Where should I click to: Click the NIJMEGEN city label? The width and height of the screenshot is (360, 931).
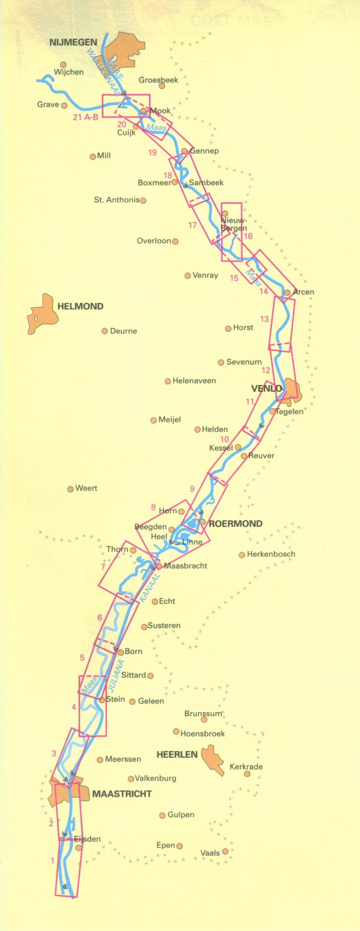[x=73, y=42]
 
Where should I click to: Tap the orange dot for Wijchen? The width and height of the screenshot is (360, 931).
[x=63, y=64]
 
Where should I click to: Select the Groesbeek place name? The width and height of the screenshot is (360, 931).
[x=159, y=80]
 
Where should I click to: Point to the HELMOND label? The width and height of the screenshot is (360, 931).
[x=80, y=306]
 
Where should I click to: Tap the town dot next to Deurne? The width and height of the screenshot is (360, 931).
[x=105, y=331]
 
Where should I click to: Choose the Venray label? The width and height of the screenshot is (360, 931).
[x=205, y=275]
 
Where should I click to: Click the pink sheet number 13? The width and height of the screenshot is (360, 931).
[x=265, y=319]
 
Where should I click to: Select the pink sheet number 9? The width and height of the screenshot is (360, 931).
[x=192, y=489]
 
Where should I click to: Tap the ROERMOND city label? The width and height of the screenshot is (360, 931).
[x=235, y=523]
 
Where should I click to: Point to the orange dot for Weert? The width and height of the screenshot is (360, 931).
[x=70, y=489]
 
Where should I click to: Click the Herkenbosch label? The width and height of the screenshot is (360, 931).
[x=271, y=554]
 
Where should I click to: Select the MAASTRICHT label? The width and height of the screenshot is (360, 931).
[x=122, y=793]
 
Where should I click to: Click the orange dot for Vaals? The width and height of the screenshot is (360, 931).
[x=225, y=851]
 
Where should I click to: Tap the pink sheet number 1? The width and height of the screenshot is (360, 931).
[x=53, y=861]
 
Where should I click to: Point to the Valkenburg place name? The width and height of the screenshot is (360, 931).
[x=155, y=778]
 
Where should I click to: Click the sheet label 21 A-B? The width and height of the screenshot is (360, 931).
[x=86, y=117]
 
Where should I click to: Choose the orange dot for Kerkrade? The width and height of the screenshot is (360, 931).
[x=247, y=774]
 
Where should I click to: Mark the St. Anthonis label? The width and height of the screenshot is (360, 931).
[x=117, y=200]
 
